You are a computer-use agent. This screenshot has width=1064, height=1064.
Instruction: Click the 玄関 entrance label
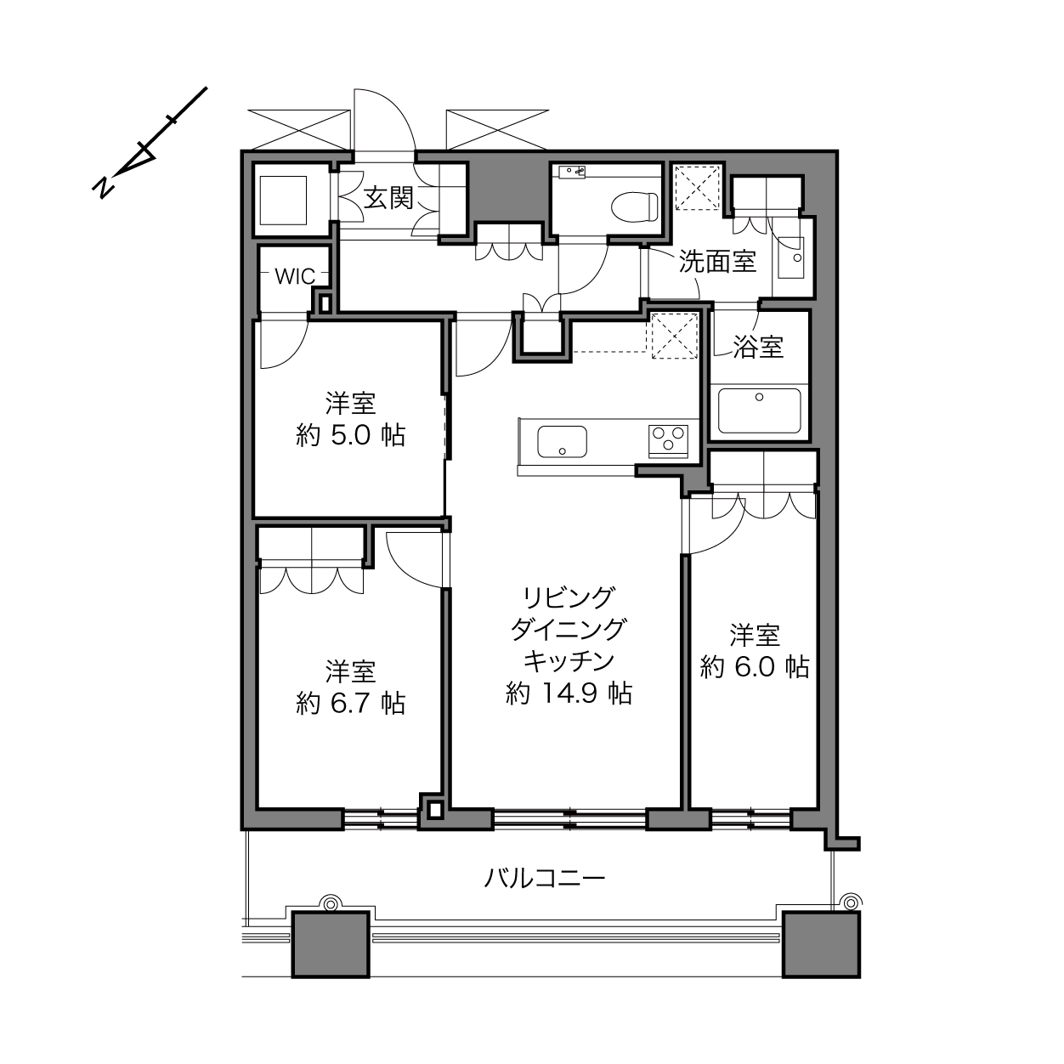coord(388,198)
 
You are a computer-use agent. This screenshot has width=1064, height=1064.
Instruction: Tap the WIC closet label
coord(295,276)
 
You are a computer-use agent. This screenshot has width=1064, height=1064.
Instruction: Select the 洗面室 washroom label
coord(716,261)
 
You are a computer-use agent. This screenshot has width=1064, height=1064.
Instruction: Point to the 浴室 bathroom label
coord(758,347)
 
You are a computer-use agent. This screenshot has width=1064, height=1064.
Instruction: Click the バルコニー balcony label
coord(545,877)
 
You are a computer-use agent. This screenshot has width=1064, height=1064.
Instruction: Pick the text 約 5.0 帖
coord(351,436)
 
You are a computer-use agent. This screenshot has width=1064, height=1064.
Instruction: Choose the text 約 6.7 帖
coord(351,704)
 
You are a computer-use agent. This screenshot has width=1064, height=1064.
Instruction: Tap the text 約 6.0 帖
coord(755,667)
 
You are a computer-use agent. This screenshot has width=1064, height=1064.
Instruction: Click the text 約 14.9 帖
coord(569,693)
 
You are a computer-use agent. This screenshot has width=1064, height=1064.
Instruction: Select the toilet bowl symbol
coord(635,207)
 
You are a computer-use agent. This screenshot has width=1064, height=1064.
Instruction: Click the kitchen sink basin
coord(562,442)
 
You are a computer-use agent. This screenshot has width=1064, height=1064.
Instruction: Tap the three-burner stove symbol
coord(668,441)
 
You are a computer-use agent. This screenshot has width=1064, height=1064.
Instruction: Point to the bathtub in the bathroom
coord(759,410)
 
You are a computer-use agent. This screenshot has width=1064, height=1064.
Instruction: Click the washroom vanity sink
coord(790,258)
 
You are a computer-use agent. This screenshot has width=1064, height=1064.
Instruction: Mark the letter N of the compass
coord(103,187)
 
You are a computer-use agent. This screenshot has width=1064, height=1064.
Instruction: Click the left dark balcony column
coord(331,945)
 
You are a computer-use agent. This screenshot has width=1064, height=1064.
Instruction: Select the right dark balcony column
coord(822,945)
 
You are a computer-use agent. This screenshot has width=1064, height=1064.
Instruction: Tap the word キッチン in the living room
coord(569,661)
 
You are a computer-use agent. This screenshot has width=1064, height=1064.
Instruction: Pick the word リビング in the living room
coord(569,597)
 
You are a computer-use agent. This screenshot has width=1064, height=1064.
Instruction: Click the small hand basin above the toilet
coord(571,172)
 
